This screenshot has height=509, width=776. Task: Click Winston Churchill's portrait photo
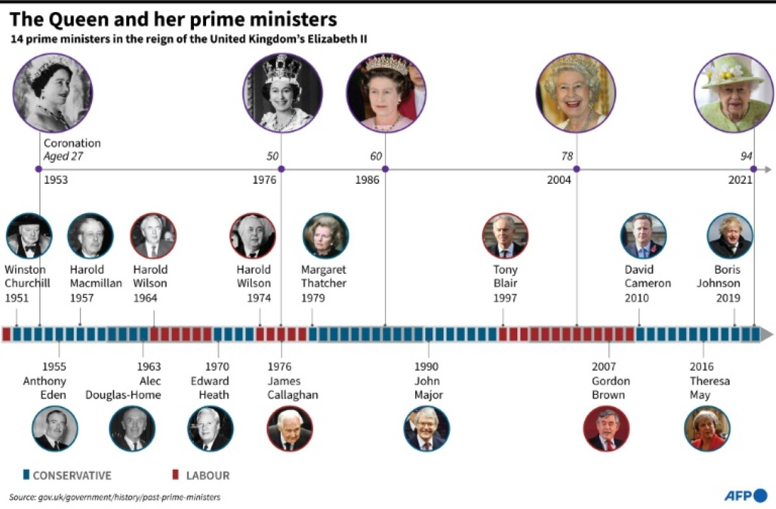click(x=29, y=236)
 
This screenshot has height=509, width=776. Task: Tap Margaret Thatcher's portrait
click(x=326, y=236)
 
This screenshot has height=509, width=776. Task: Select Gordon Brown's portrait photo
click(x=606, y=428)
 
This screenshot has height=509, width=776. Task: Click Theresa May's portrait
click(x=707, y=428)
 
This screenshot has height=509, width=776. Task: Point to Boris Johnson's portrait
click(x=730, y=236)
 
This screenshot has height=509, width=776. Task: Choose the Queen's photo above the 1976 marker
click(x=283, y=93)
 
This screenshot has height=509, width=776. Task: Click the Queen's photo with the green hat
click(x=733, y=93)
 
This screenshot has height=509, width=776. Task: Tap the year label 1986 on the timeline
click(x=367, y=180)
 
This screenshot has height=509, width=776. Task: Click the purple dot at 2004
click(x=576, y=169)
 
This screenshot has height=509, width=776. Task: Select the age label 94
click(x=747, y=157)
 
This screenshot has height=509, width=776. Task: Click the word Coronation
click(x=72, y=143)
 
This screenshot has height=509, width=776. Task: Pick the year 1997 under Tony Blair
click(x=505, y=298)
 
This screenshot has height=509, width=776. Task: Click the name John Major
click(x=427, y=388)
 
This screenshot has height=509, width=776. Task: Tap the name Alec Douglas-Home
click(x=124, y=388)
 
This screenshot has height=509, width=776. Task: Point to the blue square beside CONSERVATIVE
click(x=26, y=475)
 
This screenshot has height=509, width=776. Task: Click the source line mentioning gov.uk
click(x=115, y=498)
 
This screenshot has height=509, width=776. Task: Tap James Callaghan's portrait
click(x=290, y=428)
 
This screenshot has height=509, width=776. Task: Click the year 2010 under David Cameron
click(x=637, y=298)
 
